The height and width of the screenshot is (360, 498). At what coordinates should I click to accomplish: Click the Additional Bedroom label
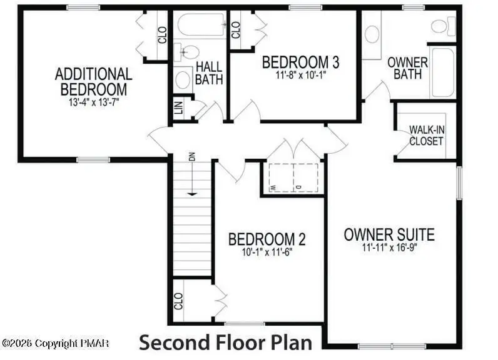[94, 81]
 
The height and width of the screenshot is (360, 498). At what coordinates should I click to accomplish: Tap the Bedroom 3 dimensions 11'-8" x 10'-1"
[300, 74]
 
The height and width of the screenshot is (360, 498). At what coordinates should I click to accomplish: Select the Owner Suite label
[389, 235]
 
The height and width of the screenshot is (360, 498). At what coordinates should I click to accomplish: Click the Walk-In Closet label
[427, 135]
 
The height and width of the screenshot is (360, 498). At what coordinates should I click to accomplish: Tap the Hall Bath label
[209, 72]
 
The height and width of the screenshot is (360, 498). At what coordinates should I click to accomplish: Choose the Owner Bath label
[407, 68]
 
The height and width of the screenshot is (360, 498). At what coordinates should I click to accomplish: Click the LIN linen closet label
[179, 109]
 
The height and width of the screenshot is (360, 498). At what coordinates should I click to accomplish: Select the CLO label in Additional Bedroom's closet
[162, 34]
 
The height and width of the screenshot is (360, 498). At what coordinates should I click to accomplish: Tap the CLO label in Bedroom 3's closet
[236, 29]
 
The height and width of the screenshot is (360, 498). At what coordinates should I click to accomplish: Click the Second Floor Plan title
[225, 342]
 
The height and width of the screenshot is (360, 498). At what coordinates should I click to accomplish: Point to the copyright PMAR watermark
[56, 343]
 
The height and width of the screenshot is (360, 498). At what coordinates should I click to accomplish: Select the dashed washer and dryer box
[293, 177]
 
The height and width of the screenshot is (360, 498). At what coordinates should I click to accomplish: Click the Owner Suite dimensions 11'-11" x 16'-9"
[389, 247]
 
